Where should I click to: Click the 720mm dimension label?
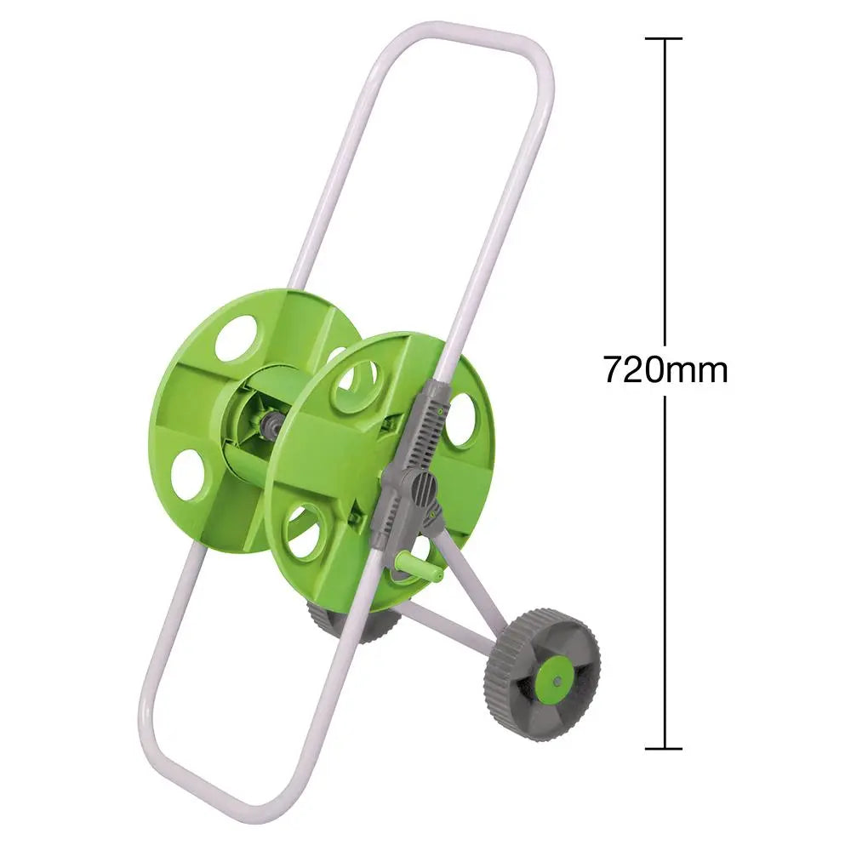[x=665, y=370]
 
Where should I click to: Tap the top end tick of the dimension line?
[x=664, y=39]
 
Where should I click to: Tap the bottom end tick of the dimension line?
[x=664, y=749]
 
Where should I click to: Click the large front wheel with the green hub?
[x=542, y=673]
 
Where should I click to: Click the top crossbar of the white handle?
[x=460, y=38]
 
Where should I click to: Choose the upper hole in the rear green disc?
[x=236, y=338]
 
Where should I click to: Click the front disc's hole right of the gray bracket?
[x=460, y=420]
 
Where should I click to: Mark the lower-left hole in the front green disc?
[x=304, y=531]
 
